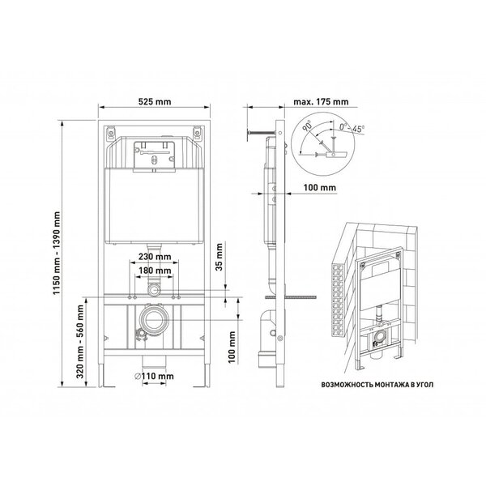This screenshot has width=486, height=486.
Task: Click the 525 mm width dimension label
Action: (155, 102)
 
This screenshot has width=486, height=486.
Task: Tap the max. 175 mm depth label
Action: (321, 102)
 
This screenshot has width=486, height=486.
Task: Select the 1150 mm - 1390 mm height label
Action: (57, 253)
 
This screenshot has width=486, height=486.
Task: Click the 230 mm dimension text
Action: (155, 257)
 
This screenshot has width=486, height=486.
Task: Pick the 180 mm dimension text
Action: (155, 271)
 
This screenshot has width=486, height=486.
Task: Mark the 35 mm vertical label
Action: (220, 257)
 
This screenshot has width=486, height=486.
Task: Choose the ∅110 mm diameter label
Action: (155, 377)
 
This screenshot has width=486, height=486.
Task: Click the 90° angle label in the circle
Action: (308, 126)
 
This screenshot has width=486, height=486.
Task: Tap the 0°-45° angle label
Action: (352, 128)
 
